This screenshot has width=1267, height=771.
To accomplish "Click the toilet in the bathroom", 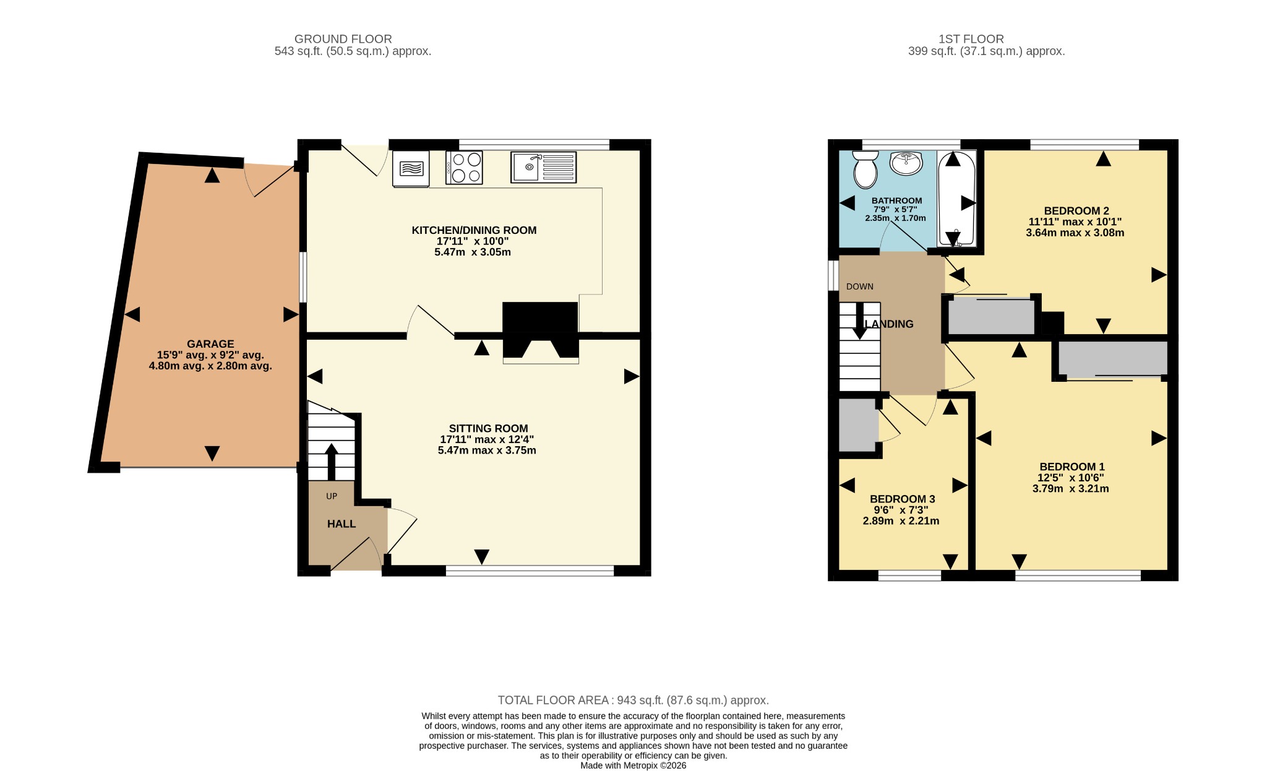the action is [865, 169].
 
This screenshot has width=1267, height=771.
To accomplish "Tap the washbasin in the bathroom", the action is [906, 163].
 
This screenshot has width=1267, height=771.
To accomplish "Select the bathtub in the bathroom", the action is [956, 199].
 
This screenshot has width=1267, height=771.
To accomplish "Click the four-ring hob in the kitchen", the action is [464, 167].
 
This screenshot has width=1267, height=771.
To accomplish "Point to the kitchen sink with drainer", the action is [543, 167].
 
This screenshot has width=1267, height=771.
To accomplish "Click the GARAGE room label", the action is [210, 344].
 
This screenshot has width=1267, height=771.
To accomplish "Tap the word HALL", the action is [341, 524].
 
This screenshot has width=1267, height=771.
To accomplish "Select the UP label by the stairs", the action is [332, 496].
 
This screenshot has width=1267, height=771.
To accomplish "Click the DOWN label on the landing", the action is [860, 286].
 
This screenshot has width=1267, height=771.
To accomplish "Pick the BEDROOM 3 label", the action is [902, 499].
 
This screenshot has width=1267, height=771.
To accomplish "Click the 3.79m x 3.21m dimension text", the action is [1070, 489].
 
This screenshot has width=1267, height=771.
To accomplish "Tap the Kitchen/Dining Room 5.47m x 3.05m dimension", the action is [473, 252].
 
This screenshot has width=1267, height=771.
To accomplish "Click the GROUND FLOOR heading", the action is [343, 39].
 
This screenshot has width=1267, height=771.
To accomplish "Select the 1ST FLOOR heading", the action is [971, 39].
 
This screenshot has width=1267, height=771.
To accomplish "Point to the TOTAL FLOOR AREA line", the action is [633, 700].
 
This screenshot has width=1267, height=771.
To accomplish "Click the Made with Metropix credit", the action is [633, 765].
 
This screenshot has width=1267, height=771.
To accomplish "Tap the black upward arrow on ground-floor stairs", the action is [331, 462].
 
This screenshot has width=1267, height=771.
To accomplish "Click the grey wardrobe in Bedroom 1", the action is [1112, 359].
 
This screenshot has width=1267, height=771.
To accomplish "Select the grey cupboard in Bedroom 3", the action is [858, 425].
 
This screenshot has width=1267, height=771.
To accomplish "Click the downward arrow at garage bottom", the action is [212, 453].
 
